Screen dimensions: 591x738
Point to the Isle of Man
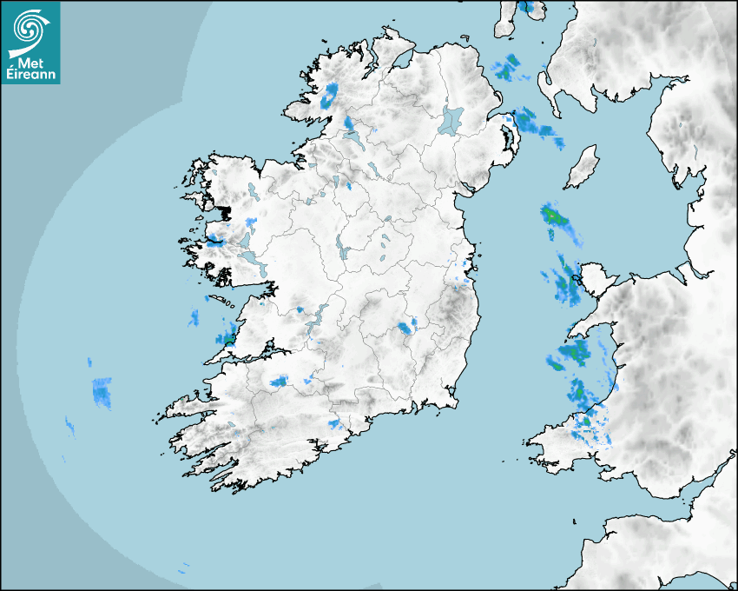tap(583, 167)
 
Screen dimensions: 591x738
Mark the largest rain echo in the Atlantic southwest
tap(102, 393)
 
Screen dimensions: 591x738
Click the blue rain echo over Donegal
tap(329, 96)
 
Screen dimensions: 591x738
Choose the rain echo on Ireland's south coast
tap(334, 424)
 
